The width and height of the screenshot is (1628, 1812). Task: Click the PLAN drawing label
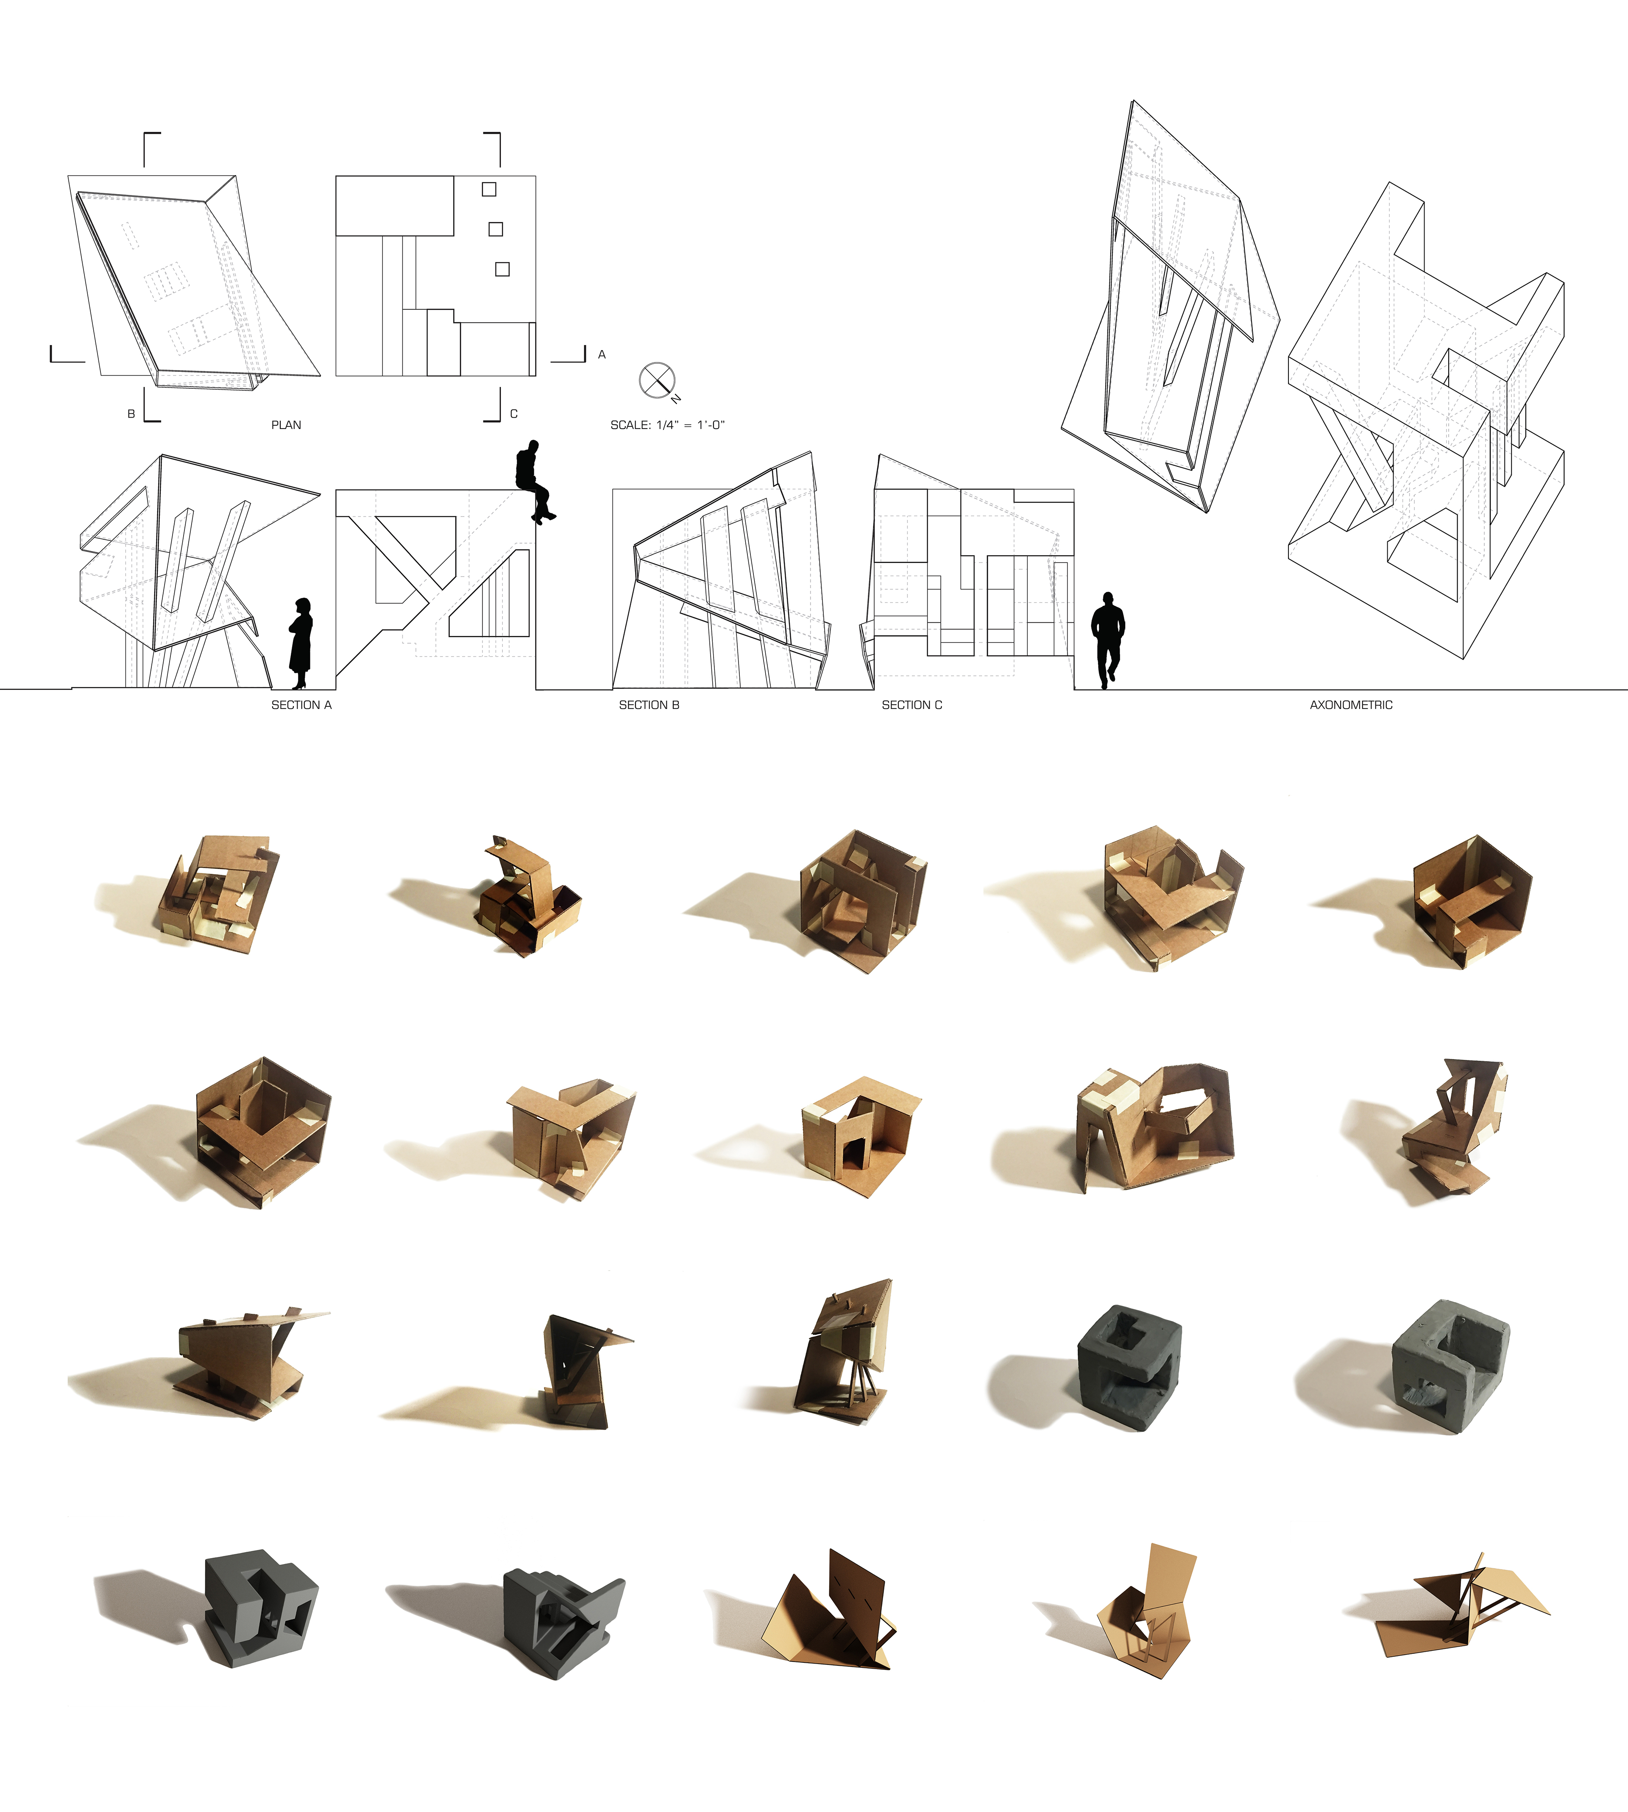click(x=286, y=425)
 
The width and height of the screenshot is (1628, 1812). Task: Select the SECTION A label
click(x=301, y=705)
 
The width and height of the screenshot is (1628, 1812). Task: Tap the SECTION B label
click(x=650, y=705)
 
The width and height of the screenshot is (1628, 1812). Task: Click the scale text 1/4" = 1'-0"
click(x=691, y=425)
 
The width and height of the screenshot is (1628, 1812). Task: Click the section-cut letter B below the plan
click(x=131, y=414)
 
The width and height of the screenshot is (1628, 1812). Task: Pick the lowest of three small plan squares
click(x=503, y=269)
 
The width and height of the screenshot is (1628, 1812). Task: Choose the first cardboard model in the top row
click(x=219, y=895)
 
